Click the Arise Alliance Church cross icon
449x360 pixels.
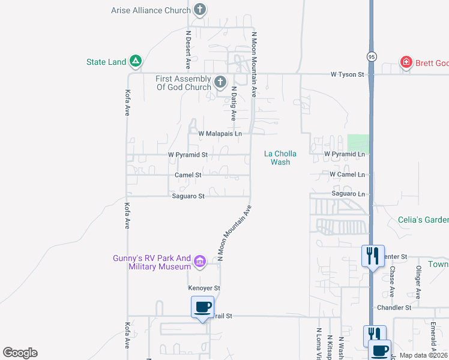(x=200, y=10)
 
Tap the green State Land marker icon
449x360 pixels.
(x=136, y=61)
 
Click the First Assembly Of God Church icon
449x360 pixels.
(x=220, y=82)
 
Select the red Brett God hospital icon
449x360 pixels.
(x=406, y=62)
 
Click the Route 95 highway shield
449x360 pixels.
(x=371, y=56)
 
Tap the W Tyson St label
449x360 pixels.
(x=348, y=74)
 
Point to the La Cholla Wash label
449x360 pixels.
(x=280, y=158)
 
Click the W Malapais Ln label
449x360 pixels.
(x=220, y=133)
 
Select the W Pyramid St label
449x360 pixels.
(x=188, y=154)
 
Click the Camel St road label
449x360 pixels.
(x=188, y=175)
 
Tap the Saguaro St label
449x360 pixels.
(x=188, y=196)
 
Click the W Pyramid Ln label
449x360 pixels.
(x=345, y=154)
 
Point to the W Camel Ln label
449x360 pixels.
(x=347, y=175)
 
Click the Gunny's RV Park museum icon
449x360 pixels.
(x=200, y=261)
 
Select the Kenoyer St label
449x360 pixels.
(x=205, y=288)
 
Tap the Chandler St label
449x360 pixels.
(x=394, y=307)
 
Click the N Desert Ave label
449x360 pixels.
(x=188, y=49)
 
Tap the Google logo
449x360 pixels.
(x=20, y=353)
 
